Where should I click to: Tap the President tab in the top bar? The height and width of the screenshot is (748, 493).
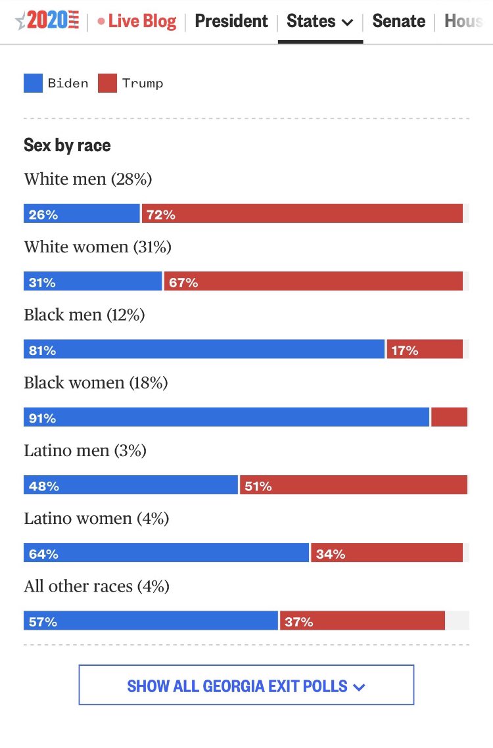pos(231,21)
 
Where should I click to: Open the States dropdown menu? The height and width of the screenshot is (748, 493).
pos(320,21)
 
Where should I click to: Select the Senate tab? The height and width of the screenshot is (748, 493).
pos(398,21)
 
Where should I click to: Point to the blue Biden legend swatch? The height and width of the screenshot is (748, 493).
pos(33,83)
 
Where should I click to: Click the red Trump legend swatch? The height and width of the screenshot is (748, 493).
pos(107,83)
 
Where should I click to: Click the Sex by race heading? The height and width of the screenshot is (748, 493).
pos(67,145)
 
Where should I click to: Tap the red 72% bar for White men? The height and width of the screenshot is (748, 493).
pos(302,214)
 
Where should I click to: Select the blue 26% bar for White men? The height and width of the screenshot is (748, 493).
pos(82,214)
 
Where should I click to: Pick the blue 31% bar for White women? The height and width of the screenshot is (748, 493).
pos(93,282)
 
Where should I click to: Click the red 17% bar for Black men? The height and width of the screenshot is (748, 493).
pos(425,350)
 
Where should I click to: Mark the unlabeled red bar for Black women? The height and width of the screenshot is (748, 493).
pos(449,417)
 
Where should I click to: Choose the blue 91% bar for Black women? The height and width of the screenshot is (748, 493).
pos(226,417)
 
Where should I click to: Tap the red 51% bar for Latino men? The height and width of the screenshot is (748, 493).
pos(354,486)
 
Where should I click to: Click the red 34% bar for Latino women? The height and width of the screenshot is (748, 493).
pos(387,553)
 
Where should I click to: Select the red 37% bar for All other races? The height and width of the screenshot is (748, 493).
pos(362,620)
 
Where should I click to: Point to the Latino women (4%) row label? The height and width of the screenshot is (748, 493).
pos(97,519)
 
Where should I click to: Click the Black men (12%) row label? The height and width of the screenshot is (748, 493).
pos(84,315)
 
